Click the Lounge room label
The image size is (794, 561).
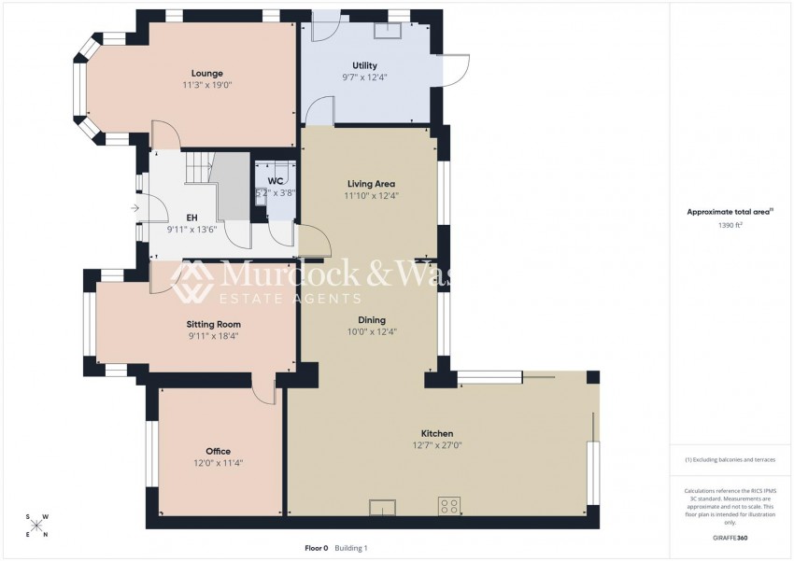point(206,73)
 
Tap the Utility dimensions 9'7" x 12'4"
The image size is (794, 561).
point(364,77)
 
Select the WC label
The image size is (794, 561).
point(276,180)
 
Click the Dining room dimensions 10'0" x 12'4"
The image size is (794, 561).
point(372,331)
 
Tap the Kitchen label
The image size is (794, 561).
point(437,433)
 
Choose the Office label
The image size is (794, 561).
point(218,451)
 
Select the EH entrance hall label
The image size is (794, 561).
point(191,217)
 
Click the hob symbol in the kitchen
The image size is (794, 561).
point(449,507)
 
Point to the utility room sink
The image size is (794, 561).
point(387,29)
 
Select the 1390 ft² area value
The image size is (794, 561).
point(730,225)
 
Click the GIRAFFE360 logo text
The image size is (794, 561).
point(730,538)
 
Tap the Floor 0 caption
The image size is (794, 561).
point(317,548)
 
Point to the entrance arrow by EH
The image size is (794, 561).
point(136,207)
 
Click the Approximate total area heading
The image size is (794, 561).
point(730,212)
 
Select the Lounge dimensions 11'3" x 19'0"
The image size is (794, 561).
point(206,85)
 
